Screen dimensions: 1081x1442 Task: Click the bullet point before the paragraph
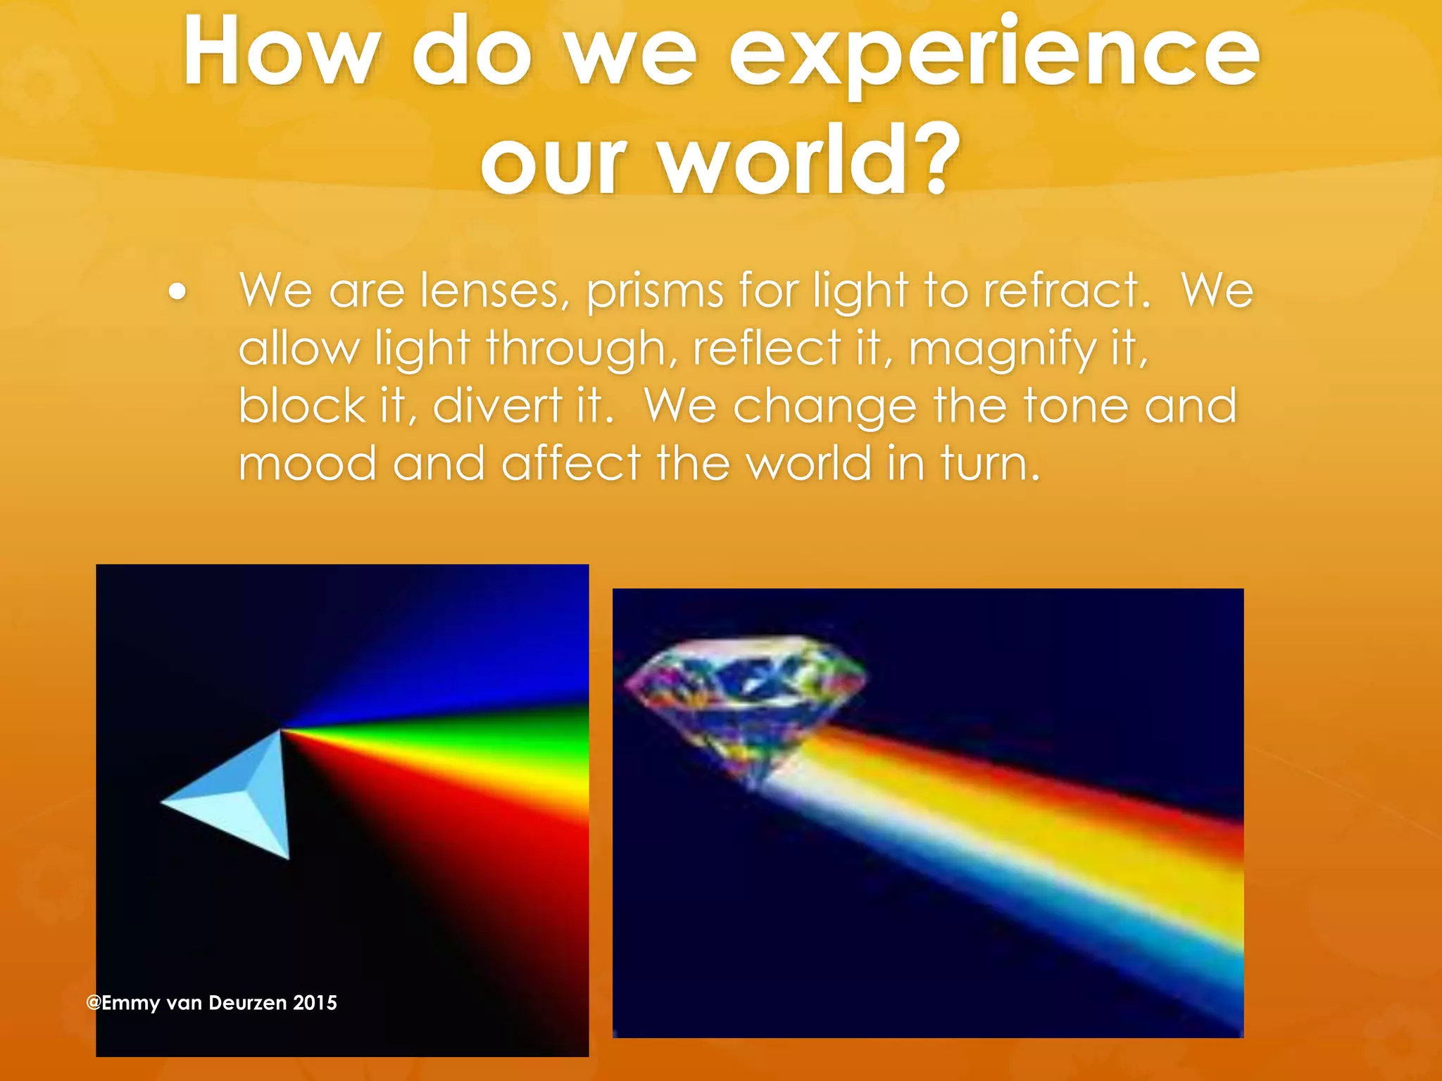[x=178, y=292]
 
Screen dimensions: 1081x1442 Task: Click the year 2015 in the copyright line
[x=315, y=1003]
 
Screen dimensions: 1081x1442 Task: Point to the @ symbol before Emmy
[x=94, y=1003]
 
